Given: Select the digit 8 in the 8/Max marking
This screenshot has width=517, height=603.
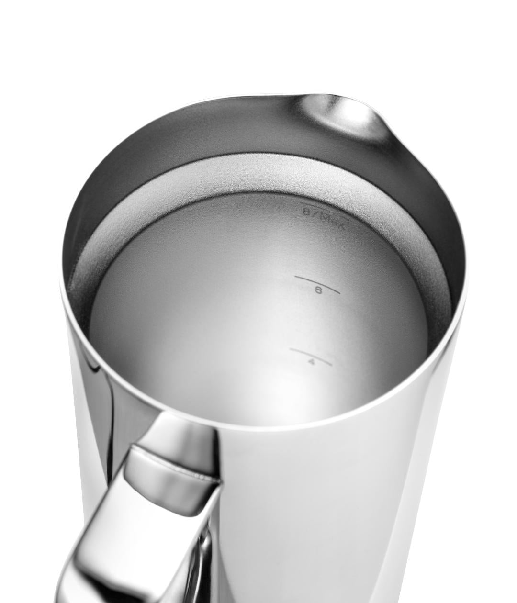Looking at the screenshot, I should (x=307, y=212).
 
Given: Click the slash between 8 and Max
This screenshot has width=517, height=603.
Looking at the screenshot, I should (x=315, y=214).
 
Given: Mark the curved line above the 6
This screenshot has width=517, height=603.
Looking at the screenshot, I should (x=317, y=282).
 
